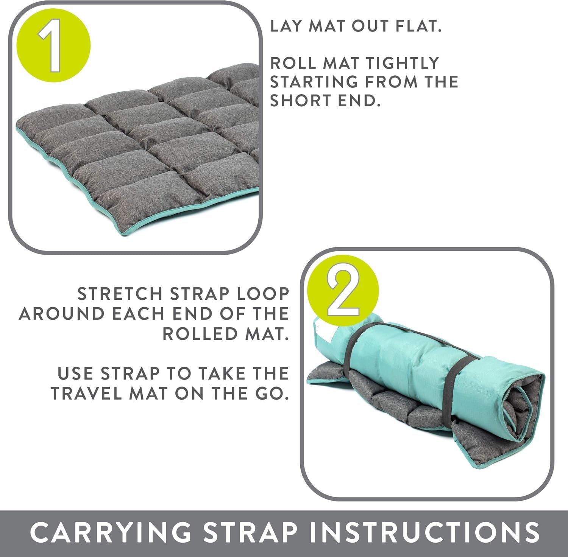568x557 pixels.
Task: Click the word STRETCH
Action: click(x=120, y=294)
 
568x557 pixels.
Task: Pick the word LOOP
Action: click(x=265, y=294)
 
